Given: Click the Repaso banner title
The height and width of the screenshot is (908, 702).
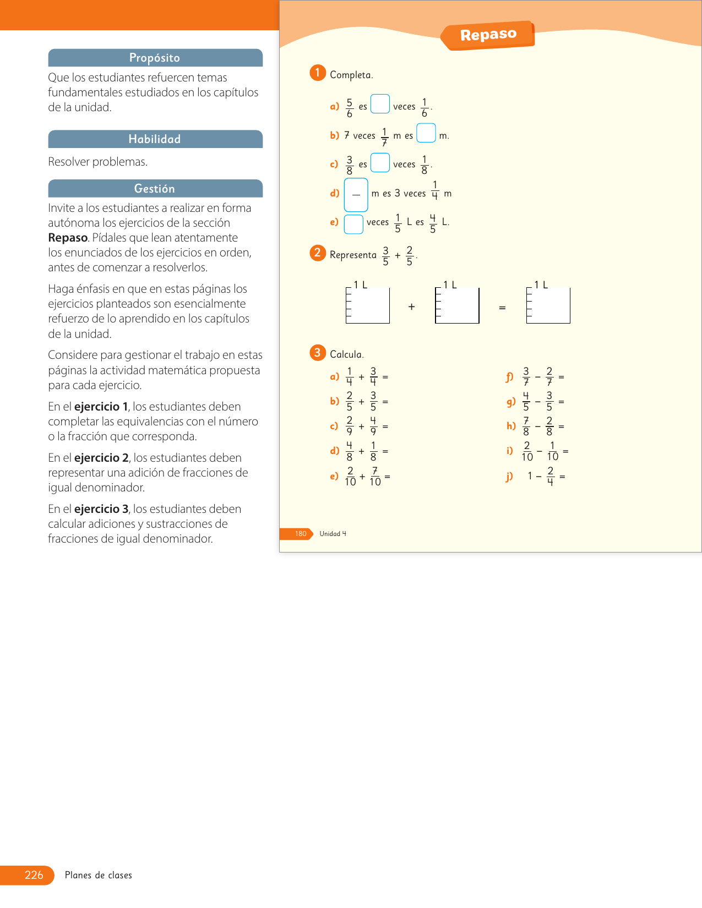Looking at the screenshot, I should (x=488, y=35).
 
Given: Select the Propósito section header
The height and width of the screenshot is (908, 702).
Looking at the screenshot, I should (x=155, y=58).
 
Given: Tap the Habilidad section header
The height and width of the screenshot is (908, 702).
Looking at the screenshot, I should (x=155, y=139).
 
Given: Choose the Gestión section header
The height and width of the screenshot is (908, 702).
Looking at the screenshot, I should (x=155, y=189).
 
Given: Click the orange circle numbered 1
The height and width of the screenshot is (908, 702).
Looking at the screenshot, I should (x=318, y=73).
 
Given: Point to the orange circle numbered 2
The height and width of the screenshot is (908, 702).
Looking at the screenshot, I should (x=318, y=253).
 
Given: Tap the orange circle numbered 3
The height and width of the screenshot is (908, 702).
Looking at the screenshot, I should (x=318, y=353).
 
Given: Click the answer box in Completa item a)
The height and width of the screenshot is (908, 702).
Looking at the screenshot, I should (x=380, y=104).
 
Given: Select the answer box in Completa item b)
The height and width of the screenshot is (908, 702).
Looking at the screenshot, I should (x=426, y=133).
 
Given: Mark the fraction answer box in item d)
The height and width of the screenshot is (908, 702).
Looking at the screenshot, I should (x=356, y=195).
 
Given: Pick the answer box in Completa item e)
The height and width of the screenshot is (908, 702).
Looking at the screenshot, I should (x=353, y=224).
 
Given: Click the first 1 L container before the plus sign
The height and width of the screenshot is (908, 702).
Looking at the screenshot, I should (x=368, y=305).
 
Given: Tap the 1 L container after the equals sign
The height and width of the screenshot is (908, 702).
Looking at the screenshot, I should (x=548, y=305).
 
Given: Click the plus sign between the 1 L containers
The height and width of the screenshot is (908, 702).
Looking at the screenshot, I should (x=412, y=307).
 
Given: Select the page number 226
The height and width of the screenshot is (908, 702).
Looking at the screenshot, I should (x=34, y=875).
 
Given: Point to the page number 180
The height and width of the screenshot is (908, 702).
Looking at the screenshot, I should (x=301, y=534).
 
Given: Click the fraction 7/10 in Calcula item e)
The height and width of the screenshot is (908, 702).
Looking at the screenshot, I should (x=375, y=477).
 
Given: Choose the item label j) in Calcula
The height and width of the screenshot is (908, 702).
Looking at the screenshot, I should (x=509, y=477).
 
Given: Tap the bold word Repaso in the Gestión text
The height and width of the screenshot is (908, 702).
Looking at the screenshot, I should (x=68, y=238).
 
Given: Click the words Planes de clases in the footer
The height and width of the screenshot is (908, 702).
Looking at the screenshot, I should (x=99, y=875).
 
